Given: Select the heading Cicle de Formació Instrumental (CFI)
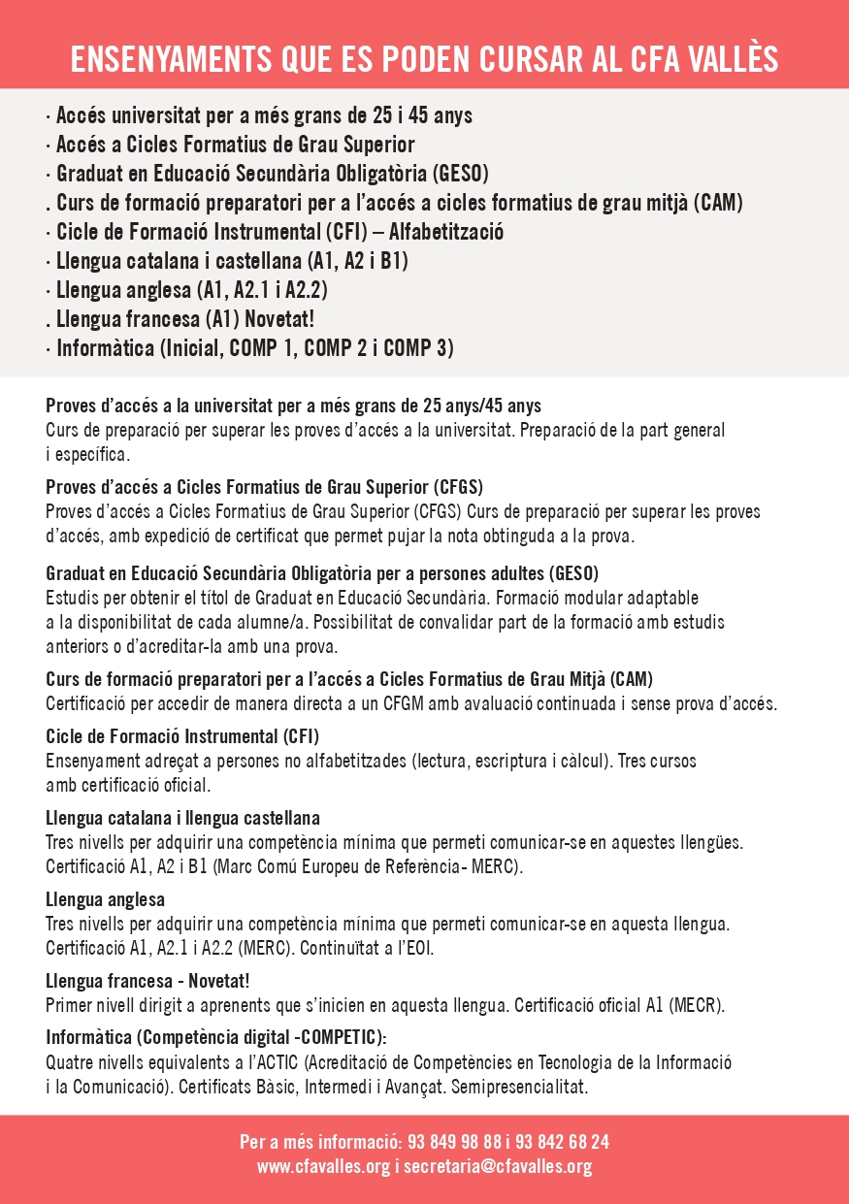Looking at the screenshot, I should click(x=182, y=736).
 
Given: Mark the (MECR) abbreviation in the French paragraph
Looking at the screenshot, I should click(x=696, y=1004).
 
